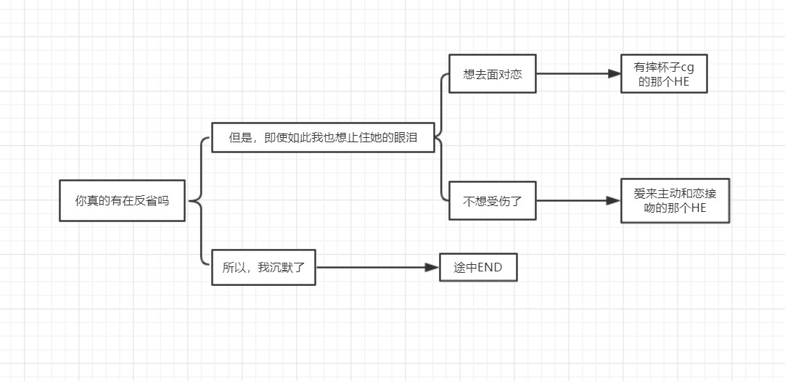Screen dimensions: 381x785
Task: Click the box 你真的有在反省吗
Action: coord(122,200)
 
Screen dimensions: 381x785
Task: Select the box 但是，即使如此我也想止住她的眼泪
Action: coord(323,137)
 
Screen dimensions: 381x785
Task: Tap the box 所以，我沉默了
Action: coord(263,267)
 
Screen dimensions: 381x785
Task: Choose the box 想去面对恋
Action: coord(492,74)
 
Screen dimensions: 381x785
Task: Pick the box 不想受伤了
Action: coord(492,200)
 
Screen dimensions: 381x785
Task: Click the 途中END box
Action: coord(478,268)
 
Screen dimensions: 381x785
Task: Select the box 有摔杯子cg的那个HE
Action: coord(664,74)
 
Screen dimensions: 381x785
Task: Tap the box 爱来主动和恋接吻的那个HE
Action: coord(675,200)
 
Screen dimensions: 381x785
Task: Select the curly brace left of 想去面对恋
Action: coord(441,136)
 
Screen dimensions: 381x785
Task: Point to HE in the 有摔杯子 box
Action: coord(681,81)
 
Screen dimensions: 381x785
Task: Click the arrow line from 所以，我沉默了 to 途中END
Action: coord(370,268)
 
